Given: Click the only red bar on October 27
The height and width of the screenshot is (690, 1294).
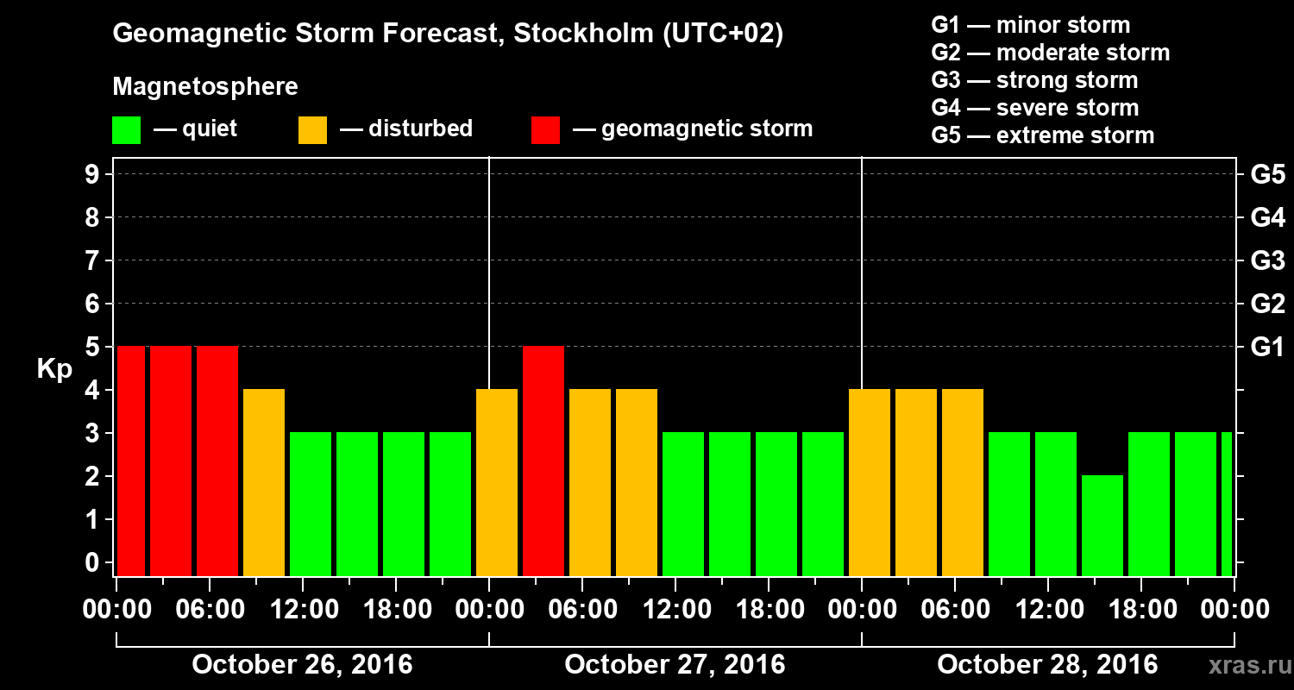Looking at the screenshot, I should pos(543,461).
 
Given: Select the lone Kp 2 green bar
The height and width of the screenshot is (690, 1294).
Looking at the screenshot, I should pos(1102,525).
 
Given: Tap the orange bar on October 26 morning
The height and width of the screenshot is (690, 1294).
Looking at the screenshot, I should pos(264,482).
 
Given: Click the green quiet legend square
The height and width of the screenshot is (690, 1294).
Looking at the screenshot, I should pos(126,130).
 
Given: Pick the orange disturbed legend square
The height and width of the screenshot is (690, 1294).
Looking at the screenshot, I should pos(312,130).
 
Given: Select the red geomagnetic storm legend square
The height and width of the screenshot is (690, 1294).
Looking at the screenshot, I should pos(545,130).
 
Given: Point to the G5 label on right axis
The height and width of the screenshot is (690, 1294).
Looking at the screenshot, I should pos(1267,175).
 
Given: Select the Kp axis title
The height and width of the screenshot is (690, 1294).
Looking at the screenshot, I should pos(54,370).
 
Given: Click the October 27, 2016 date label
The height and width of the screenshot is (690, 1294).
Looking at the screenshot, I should pos(675,665).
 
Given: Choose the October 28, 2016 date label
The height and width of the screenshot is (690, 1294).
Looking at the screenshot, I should pos(1047,665).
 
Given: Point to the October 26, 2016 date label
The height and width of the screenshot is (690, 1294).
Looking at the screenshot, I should pos(302,665).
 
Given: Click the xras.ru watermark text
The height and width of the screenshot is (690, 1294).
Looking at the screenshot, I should pos(1243,666).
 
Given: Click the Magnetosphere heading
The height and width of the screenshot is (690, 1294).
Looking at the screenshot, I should pos(205,87).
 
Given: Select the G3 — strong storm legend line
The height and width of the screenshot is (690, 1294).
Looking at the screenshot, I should pos(1034,80).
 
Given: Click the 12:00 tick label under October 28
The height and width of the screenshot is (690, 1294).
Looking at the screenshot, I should pos(1046,610).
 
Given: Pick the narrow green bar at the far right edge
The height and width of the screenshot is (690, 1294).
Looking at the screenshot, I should pos(1227,504).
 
